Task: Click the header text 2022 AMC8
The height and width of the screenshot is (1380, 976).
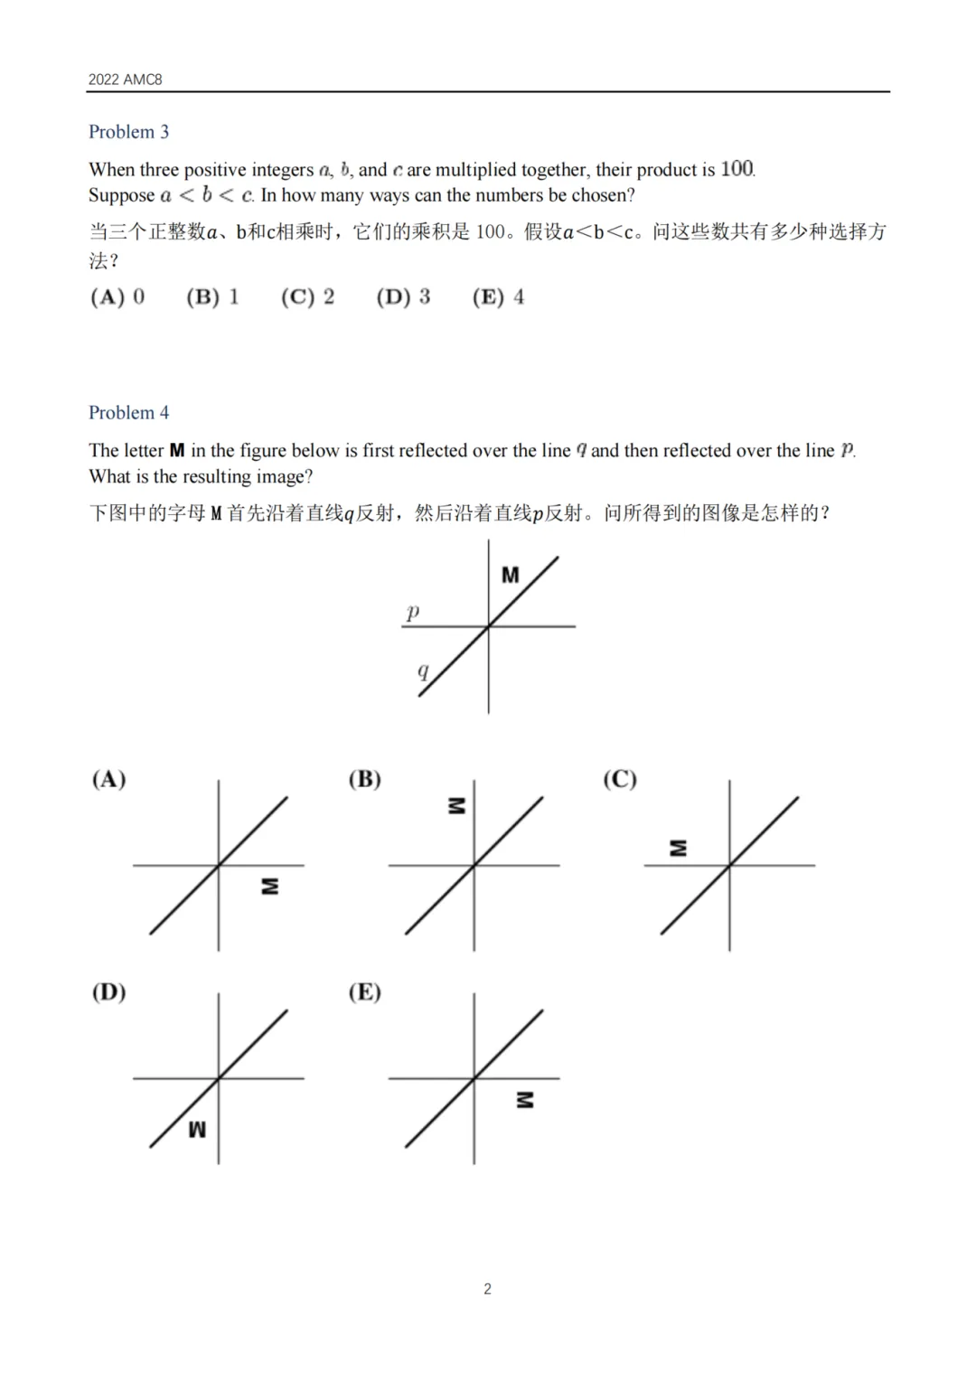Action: point(125,80)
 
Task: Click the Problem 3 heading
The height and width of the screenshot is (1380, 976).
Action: point(128,132)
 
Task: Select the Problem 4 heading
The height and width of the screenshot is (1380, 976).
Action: point(128,413)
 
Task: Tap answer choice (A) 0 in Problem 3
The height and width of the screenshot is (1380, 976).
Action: point(117,297)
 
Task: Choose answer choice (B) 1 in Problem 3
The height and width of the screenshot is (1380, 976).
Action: point(212,297)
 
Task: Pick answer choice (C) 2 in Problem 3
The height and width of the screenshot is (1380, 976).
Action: point(307,297)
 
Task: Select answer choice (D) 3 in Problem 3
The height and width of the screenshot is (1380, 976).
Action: point(403,297)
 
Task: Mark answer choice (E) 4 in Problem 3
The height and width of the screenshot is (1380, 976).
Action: point(498,297)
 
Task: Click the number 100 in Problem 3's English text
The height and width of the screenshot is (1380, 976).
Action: point(737,169)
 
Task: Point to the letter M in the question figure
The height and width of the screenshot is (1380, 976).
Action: point(511,575)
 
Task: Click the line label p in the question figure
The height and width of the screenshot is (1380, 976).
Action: point(413,612)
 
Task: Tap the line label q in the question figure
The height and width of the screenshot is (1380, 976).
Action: point(423,671)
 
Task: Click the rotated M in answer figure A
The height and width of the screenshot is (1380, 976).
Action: point(269,887)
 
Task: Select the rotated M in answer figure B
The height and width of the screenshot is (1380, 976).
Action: point(457,805)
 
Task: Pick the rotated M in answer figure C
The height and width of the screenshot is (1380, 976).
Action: point(678,848)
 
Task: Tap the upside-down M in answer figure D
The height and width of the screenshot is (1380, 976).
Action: point(197,1130)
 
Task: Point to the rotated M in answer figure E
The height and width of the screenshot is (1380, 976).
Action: point(524,1100)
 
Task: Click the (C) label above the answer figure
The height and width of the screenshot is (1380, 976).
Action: point(620,779)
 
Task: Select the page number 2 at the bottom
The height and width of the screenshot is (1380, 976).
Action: point(488,1289)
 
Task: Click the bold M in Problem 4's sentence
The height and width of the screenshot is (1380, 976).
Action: point(177,450)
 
